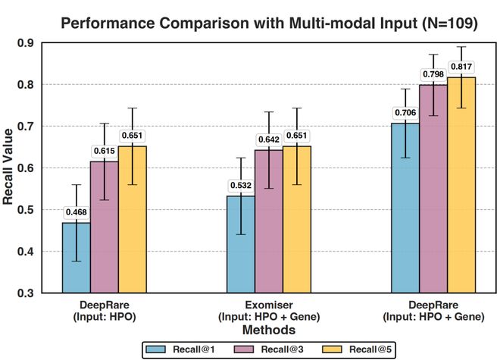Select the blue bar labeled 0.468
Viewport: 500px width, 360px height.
(x=76, y=257)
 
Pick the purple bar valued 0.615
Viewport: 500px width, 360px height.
(x=103, y=227)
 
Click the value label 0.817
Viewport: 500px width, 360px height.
(x=461, y=66)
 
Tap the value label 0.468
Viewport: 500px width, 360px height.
(x=76, y=212)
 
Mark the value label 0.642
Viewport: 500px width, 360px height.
(x=268, y=139)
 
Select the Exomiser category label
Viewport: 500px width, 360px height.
(x=268, y=309)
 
